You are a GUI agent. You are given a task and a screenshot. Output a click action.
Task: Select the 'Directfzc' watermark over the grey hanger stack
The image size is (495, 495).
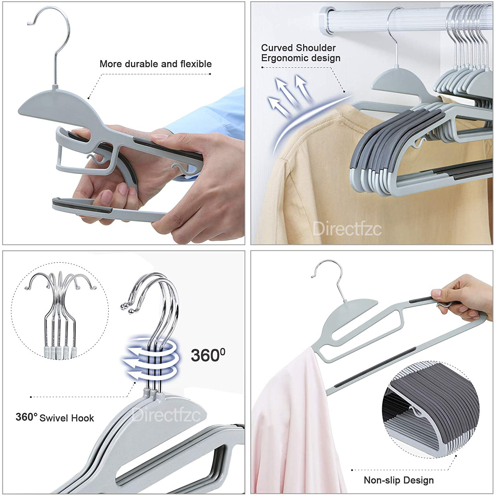click(166, 415)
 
